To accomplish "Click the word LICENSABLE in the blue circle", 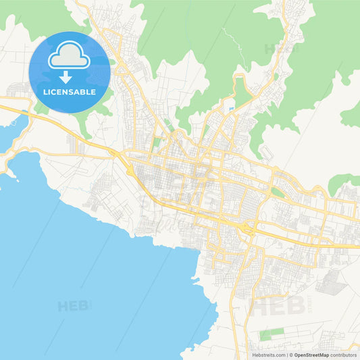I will tap(69, 92).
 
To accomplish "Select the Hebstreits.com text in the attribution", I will tap(268, 355).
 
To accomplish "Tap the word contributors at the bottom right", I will tap(344, 355).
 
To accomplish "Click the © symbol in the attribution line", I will tap(290, 355).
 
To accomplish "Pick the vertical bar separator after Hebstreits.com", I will tap(286, 355).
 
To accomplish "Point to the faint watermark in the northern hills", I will tap(280, 49).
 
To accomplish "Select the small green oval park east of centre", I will tap(277, 194).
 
